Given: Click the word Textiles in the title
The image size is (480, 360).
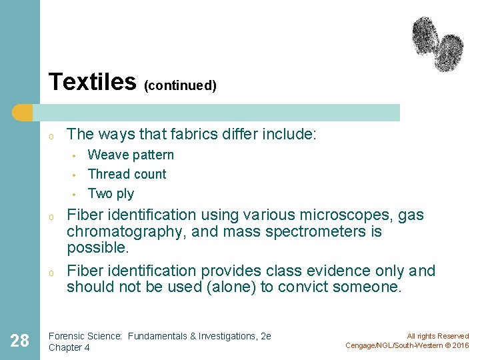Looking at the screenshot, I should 92,82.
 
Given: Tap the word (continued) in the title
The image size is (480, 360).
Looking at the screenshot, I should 180,86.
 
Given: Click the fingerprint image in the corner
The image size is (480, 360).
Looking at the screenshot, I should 437,43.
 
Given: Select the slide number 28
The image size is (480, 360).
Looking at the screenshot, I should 20,341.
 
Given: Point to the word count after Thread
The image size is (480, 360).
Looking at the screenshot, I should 151,175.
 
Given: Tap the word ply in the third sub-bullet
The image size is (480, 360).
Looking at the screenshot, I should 125,194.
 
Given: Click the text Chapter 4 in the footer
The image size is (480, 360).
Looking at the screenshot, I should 69,347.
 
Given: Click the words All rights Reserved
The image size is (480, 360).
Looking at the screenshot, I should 438,336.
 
